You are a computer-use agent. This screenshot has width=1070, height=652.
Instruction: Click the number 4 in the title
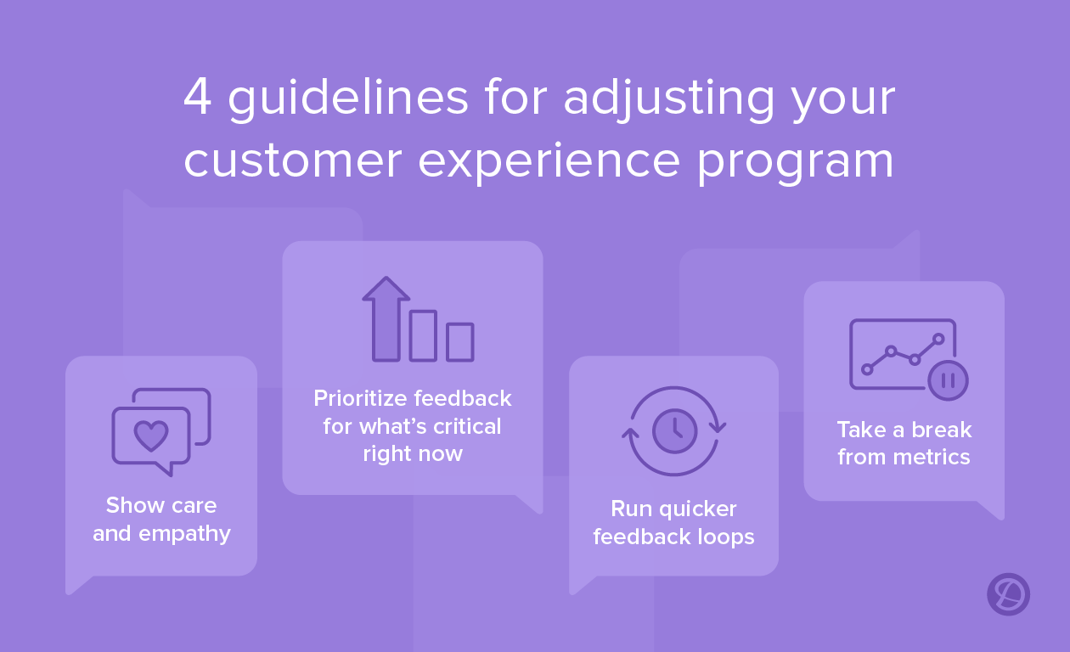click(198, 97)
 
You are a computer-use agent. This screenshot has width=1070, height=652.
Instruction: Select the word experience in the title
click(549, 162)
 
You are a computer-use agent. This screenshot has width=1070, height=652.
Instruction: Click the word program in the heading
click(795, 164)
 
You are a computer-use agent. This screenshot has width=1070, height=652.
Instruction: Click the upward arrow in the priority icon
click(386, 318)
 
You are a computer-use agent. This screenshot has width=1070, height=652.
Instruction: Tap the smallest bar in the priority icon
click(460, 342)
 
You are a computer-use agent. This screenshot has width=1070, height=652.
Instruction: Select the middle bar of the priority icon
click(423, 336)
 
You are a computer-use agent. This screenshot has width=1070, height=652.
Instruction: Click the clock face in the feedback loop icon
click(674, 431)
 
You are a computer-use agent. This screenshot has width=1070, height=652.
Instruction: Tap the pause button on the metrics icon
click(949, 380)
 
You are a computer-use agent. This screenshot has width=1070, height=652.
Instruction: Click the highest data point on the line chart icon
click(938, 339)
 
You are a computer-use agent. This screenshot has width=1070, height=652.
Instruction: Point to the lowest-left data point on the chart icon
click(868, 369)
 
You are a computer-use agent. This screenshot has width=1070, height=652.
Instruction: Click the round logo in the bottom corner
click(1008, 594)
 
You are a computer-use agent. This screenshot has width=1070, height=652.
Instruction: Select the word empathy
click(184, 534)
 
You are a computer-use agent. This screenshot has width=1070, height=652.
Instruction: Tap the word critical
click(467, 426)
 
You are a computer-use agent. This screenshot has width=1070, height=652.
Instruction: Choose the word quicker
click(698, 509)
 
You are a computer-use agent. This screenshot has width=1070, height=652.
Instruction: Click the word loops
click(726, 537)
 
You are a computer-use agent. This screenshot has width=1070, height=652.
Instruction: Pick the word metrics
click(932, 457)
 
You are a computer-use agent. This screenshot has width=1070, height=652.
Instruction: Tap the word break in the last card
click(942, 430)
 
